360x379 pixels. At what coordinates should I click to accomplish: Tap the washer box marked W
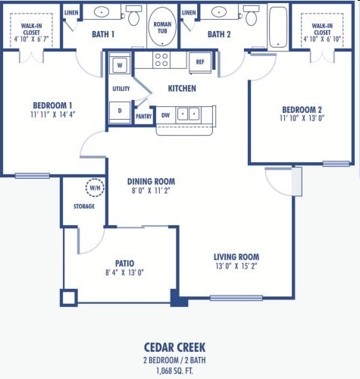tap(120, 66)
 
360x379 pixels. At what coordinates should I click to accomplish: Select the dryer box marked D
tap(120, 111)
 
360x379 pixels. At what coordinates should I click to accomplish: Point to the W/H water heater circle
tap(95, 188)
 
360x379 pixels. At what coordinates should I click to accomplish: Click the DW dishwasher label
tap(165, 115)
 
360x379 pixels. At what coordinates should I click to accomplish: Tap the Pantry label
tap(143, 116)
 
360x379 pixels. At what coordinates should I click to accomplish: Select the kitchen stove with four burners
tap(162, 61)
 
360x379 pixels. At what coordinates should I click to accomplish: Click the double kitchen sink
tap(188, 115)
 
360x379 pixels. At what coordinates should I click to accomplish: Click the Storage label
tap(83, 206)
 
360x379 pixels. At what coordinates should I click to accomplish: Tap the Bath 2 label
tap(219, 34)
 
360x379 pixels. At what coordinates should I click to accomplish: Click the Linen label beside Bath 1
tap(71, 13)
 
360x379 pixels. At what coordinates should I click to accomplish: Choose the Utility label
tap(121, 89)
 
